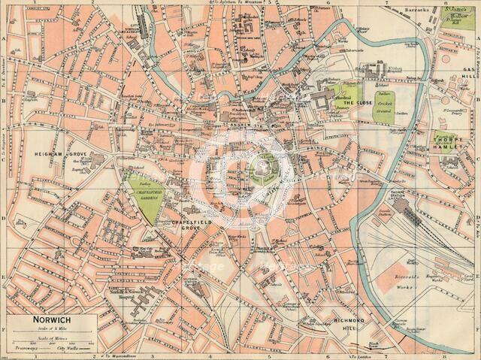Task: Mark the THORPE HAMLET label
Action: [449, 143]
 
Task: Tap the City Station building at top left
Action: [138, 38]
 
